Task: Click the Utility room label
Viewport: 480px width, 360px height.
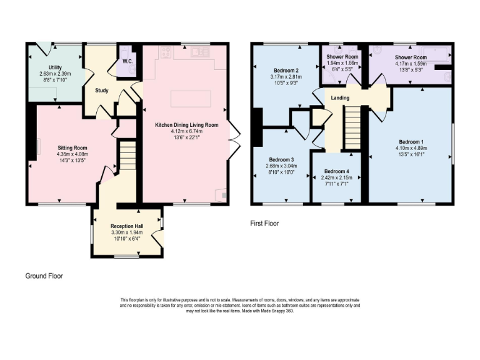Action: click(x=56, y=67)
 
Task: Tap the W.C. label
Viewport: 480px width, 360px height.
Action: click(x=127, y=61)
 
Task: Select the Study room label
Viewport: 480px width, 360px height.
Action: click(x=102, y=91)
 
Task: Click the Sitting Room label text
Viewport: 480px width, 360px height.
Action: click(x=64, y=147)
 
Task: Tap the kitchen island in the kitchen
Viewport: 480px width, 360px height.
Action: click(x=188, y=99)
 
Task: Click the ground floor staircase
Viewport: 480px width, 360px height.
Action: click(x=128, y=155)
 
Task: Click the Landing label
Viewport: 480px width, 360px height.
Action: click(x=340, y=98)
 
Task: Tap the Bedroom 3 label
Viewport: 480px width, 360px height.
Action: click(x=281, y=160)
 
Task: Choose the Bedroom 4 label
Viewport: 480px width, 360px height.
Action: click(x=336, y=171)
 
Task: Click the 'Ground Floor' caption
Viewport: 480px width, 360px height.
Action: click(x=44, y=276)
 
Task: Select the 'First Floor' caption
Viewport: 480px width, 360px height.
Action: click(x=264, y=223)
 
